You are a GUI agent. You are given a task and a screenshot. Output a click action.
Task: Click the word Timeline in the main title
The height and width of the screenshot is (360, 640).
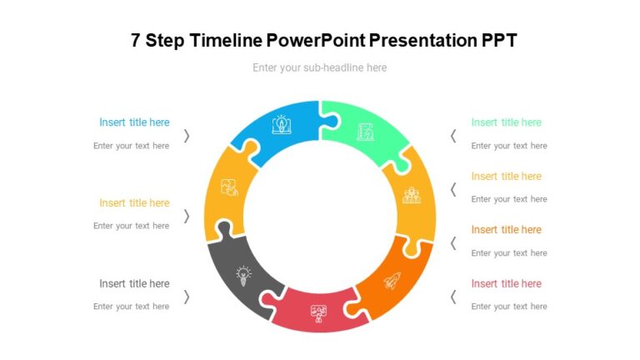click(x=227, y=40)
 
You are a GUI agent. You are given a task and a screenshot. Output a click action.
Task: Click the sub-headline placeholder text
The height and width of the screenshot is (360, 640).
click(x=320, y=67)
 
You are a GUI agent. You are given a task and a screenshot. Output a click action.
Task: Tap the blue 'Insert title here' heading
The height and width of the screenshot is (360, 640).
click(x=134, y=122)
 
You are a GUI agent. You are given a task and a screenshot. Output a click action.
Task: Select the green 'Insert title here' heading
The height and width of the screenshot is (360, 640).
click(x=506, y=122)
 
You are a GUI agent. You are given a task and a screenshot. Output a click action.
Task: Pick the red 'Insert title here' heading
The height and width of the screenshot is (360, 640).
click(x=506, y=283)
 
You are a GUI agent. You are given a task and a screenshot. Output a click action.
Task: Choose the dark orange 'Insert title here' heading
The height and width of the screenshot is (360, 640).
click(x=506, y=229)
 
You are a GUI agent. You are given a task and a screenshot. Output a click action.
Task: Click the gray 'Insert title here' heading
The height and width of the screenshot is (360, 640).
click(x=134, y=283)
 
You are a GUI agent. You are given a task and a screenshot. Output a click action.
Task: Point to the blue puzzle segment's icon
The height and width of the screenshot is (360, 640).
click(x=282, y=126)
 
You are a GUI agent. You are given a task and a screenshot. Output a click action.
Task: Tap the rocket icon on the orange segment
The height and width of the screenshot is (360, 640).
click(x=392, y=281)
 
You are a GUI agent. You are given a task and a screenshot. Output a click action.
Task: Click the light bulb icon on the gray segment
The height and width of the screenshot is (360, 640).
click(x=243, y=275)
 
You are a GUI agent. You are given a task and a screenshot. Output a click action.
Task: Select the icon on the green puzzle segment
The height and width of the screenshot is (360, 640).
click(x=365, y=131)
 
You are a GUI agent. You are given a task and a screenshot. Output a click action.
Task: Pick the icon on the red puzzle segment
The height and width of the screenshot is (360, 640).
click(x=318, y=314)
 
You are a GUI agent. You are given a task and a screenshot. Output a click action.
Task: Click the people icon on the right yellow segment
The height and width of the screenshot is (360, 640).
click(x=412, y=196)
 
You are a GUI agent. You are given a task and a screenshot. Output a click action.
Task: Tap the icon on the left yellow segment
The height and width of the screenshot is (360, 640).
click(x=228, y=187)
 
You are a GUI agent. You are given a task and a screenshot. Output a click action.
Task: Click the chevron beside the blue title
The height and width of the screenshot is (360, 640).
click(x=187, y=136)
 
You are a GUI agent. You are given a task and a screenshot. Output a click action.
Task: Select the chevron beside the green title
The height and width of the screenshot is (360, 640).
click(x=453, y=136)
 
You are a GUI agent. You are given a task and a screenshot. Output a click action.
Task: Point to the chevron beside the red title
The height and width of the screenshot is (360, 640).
click(x=453, y=297)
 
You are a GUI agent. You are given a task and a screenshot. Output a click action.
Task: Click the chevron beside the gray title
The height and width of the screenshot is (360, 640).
click(x=187, y=297)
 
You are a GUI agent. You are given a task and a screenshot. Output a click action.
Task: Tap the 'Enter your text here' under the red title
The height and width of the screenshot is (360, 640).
click(x=509, y=307)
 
